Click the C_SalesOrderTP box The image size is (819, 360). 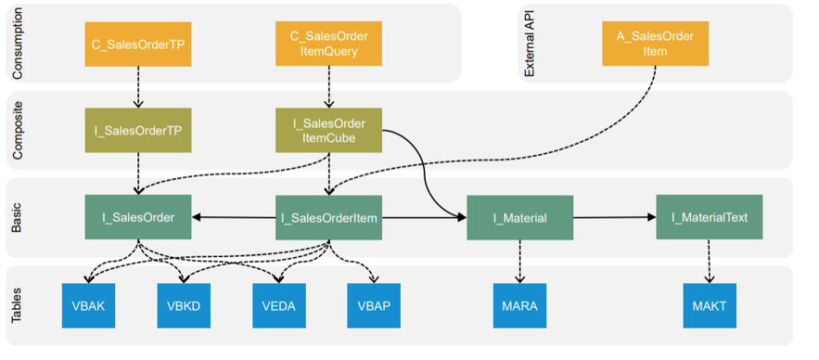pyautogui.click(x=138, y=44)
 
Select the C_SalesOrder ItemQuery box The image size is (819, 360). pyautogui.click(x=328, y=44)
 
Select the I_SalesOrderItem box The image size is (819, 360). pyautogui.click(x=328, y=218)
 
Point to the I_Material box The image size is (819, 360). pyautogui.click(x=519, y=218)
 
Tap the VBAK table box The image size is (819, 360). pyautogui.click(x=88, y=305)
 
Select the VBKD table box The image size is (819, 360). pyautogui.click(x=184, y=305)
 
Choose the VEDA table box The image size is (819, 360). pyautogui.click(x=279, y=305)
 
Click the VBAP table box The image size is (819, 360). pyautogui.click(x=375, y=305)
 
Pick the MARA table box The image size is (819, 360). pyautogui.click(x=519, y=305)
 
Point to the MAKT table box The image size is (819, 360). pyautogui.click(x=709, y=305)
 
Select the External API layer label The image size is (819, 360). pyautogui.click(x=531, y=43)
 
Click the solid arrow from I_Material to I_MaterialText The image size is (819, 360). pyautogui.click(x=614, y=217)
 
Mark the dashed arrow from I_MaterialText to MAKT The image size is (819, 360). pyautogui.click(x=709, y=262)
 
